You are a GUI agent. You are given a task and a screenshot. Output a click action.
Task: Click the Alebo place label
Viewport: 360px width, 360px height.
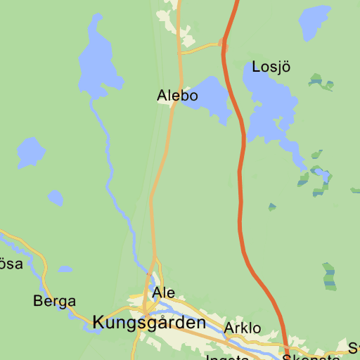pos(177,96)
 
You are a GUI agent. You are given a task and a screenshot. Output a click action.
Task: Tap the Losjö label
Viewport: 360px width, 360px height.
pos(271,67)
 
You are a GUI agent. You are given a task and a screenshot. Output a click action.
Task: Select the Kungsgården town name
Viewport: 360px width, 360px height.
pos(149,323)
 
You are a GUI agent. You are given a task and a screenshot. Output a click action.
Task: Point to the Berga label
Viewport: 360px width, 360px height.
pos(54,302)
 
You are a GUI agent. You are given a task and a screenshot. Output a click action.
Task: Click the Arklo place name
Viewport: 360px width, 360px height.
pos(242,328)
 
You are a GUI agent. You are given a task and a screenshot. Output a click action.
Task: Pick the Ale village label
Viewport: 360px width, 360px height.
pos(163,292)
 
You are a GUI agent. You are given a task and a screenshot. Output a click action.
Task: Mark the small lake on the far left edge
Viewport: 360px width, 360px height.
pos(30,152)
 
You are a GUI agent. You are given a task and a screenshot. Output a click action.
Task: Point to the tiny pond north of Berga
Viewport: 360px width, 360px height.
pos(65,269)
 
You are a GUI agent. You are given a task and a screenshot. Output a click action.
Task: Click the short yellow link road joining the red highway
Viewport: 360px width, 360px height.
pos(202,49)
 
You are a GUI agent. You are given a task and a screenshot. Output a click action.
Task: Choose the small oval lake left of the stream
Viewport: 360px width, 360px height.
pos(56,198)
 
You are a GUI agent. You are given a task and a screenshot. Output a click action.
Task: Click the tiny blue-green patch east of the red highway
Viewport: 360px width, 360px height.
pos(272,207)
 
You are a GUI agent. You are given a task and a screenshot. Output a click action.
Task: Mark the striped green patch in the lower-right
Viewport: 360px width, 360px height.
pos(329,276)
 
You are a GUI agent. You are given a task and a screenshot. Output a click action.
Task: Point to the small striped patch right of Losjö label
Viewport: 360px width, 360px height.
pos(321,82)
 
